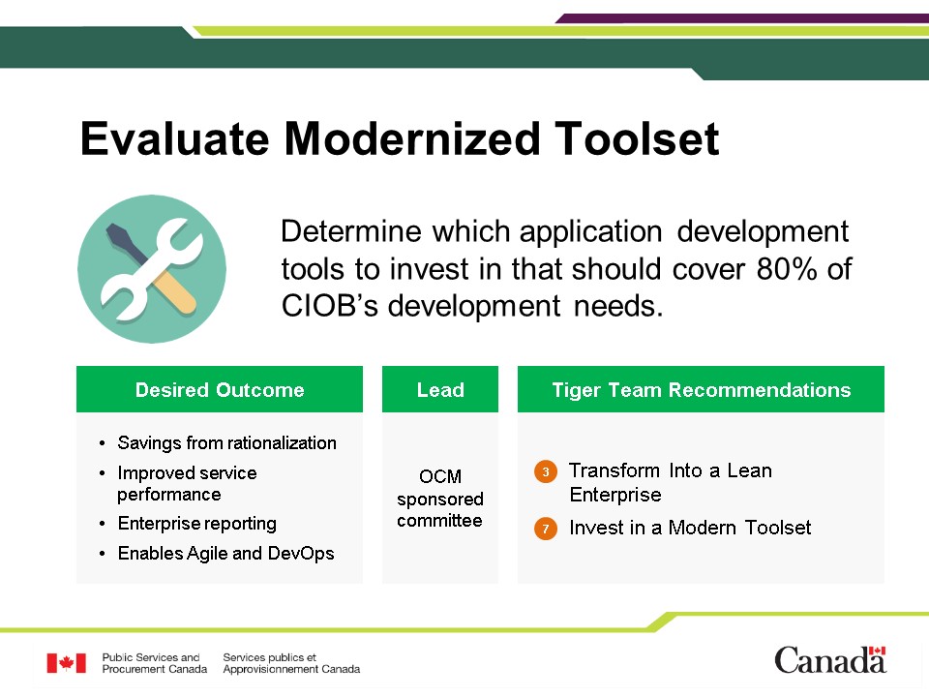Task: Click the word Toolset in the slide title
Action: tap(637, 138)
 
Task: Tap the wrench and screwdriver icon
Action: tap(152, 269)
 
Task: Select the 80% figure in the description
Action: tap(787, 269)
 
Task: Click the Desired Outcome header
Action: tap(220, 389)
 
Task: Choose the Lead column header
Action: tap(440, 389)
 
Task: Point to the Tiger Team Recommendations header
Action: tap(701, 389)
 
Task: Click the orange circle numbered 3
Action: tap(546, 471)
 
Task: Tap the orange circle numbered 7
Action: tap(546, 529)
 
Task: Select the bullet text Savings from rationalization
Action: tap(226, 442)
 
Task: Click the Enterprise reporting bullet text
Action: tap(196, 524)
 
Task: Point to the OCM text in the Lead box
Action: tap(440, 476)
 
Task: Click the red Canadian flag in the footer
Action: tap(67, 663)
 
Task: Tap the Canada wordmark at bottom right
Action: tap(830, 660)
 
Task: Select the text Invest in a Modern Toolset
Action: tap(690, 528)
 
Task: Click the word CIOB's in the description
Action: tap(329, 307)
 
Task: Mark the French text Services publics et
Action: tap(270, 657)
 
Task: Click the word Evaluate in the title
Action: tap(175, 138)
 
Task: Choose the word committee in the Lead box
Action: tap(439, 521)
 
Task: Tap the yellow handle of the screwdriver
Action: tap(175, 292)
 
